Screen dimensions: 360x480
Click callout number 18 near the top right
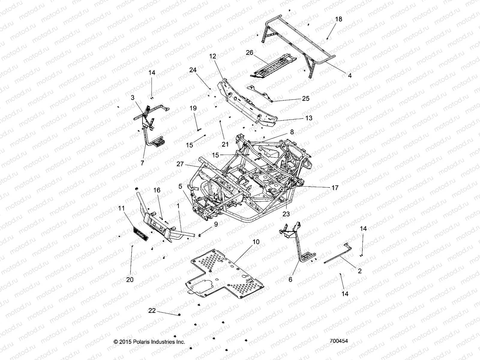pyautogui.click(x=338, y=19)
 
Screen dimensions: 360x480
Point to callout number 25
pyautogui.click(x=306, y=98)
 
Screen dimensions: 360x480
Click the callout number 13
pyautogui.click(x=309, y=118)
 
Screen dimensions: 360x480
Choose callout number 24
pyautogui.click(x=201, y=70)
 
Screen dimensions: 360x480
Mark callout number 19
pyautogui.click(x=193, y=108)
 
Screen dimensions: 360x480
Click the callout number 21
pyautogui.click(x=225, y=144)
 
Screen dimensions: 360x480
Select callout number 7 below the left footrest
pyautogui.click(x=142, y=163)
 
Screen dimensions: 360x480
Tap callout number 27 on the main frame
pyautogui.click(x=180, y=164)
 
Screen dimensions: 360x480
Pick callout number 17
pyautogui.click(x=335, y=188)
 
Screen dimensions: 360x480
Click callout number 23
pyautogui.click(x=286, y=214)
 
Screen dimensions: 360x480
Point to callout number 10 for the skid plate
pyautogui.click(x=256, y=242)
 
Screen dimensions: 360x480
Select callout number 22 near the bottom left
pyautogui.click(x=152, y=310)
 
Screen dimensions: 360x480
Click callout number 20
pyautogui.click(x=130, y=280)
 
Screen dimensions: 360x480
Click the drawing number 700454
pyautogui.click(x=338, y=341)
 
